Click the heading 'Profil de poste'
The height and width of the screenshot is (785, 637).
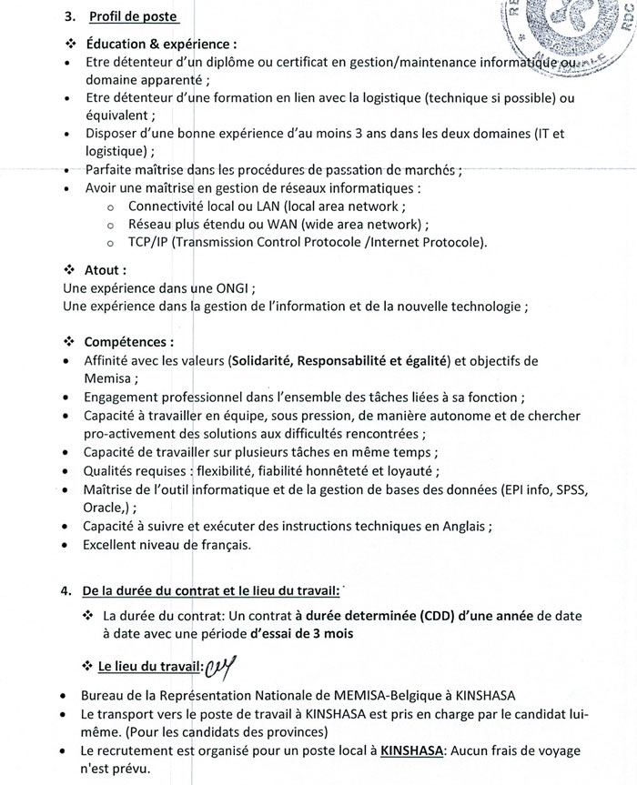(x=134, y=17)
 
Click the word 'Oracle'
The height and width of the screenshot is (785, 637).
(x=102, y=508)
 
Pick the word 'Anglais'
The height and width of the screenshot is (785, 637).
(x=465, y=526)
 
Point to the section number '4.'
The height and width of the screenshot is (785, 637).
(x=66, y=589)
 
